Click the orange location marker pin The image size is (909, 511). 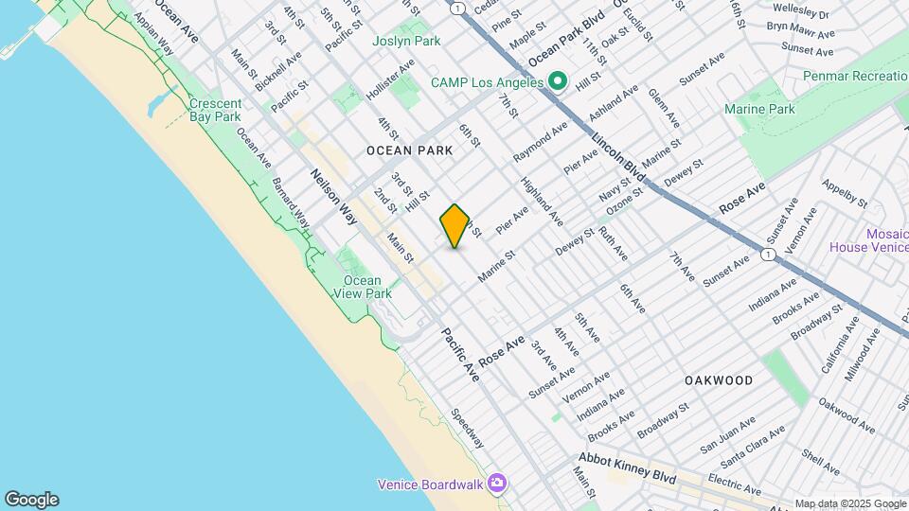455,226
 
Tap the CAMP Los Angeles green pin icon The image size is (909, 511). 558,82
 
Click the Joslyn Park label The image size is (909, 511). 406,42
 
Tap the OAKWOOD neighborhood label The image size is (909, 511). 719,380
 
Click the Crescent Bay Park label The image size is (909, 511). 214,110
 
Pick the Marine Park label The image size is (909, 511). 759,110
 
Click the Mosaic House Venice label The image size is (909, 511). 868,240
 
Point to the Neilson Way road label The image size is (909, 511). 333,196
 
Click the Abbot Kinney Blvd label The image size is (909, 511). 628,471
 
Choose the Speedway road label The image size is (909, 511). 468,429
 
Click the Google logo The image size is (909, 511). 31,500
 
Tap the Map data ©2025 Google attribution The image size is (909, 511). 850,503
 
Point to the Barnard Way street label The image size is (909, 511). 290,200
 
